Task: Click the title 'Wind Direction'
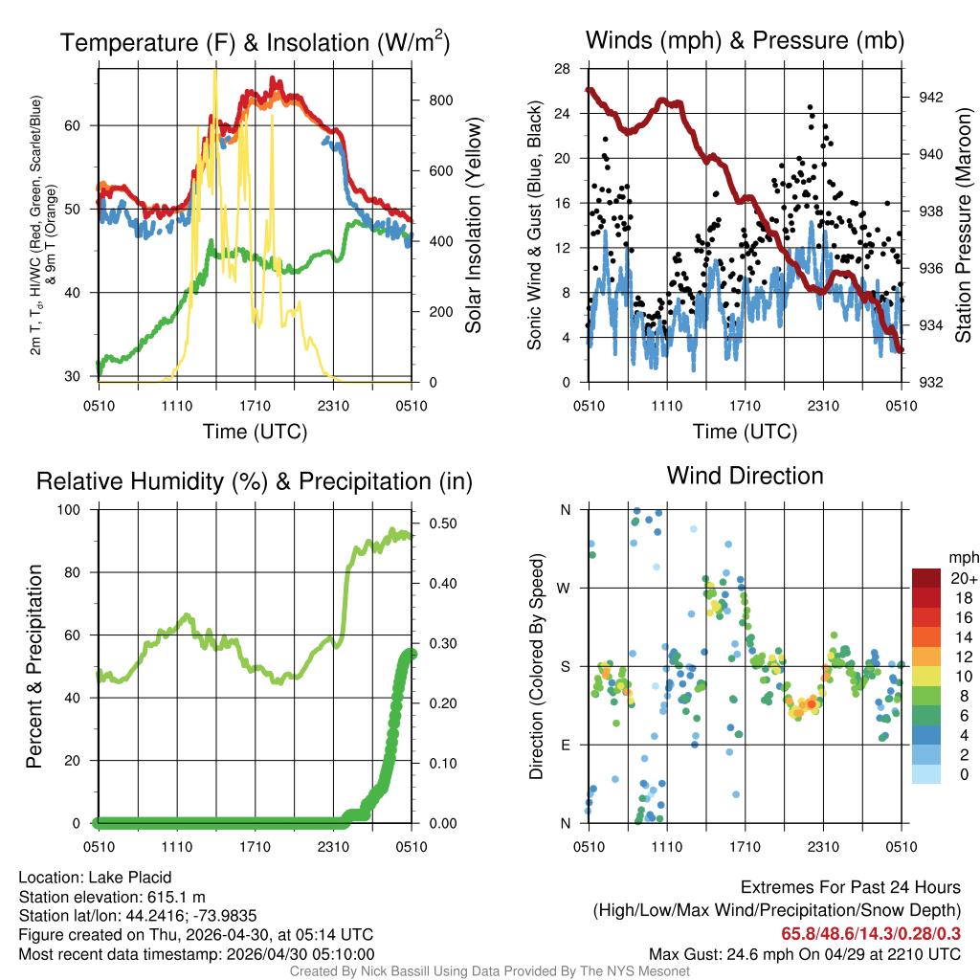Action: [745, 476]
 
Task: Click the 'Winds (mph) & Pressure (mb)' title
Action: [745, 40]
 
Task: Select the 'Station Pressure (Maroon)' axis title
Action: [963, 225]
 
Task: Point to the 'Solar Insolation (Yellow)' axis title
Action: [473, 225]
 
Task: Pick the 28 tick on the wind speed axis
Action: [563, 69]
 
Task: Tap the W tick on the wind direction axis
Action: [565, 589]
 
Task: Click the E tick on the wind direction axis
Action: [565, 746]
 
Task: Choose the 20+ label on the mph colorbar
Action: [962, 578]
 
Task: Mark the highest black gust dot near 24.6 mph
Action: [810, 107]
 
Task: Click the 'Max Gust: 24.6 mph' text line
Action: [804, 954]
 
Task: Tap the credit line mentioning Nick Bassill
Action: [489, 971]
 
